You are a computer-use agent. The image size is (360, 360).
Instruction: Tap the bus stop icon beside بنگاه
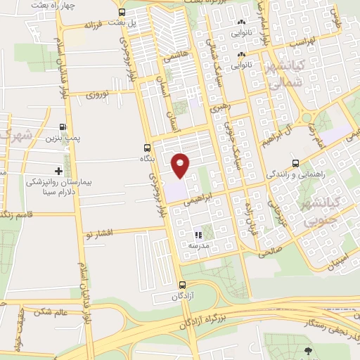pos(147,148)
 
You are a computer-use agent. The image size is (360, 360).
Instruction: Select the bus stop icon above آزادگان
pos(183,285)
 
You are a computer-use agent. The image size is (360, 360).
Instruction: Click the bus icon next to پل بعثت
pos(122,13)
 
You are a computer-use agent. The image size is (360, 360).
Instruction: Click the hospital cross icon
pos(58,171)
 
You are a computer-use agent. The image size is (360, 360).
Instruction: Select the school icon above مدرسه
pos(198,235)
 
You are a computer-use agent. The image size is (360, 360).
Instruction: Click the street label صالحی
pos(271,250)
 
